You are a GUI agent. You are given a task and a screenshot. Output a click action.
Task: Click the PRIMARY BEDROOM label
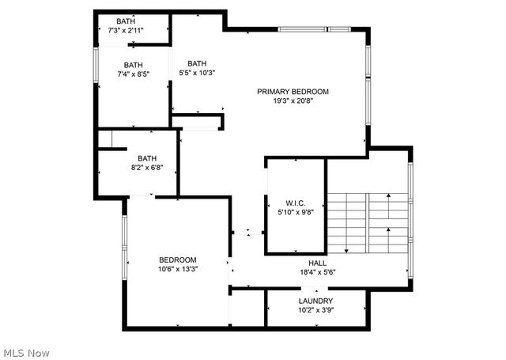click(x=293, y=91)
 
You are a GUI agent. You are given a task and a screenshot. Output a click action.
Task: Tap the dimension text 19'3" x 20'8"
click(x=293, y=100)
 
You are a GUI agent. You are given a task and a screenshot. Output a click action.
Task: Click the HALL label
click(x=317, y=263)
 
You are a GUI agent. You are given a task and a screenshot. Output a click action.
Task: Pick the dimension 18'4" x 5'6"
click(x=317, y=272)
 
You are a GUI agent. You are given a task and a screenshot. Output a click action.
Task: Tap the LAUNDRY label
click(x=315, y=301)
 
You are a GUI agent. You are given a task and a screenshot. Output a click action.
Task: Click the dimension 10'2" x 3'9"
click(x=315, y=310)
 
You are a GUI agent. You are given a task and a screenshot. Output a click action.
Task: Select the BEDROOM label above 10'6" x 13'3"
click(x=178, y=260)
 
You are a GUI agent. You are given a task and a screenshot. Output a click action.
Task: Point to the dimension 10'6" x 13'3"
click(x=178, y=269)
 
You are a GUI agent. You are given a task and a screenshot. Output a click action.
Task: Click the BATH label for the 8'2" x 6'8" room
click(x=147, y=157)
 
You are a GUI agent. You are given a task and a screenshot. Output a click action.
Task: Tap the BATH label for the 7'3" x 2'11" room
click(x=126, y=21)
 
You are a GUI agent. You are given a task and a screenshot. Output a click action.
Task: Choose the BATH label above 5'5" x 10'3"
click(x=197, y=63)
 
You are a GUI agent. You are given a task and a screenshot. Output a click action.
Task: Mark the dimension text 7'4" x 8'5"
click(x=133, y=74)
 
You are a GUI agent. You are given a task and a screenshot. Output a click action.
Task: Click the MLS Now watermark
click(x=27, y=351)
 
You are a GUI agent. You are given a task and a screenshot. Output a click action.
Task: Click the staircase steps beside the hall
click(x=367, y=222)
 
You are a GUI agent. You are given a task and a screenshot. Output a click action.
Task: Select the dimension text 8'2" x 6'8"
click(x=147, y=167)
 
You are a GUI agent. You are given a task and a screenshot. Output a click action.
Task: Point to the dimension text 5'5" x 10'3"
click(x=197, y=73)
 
